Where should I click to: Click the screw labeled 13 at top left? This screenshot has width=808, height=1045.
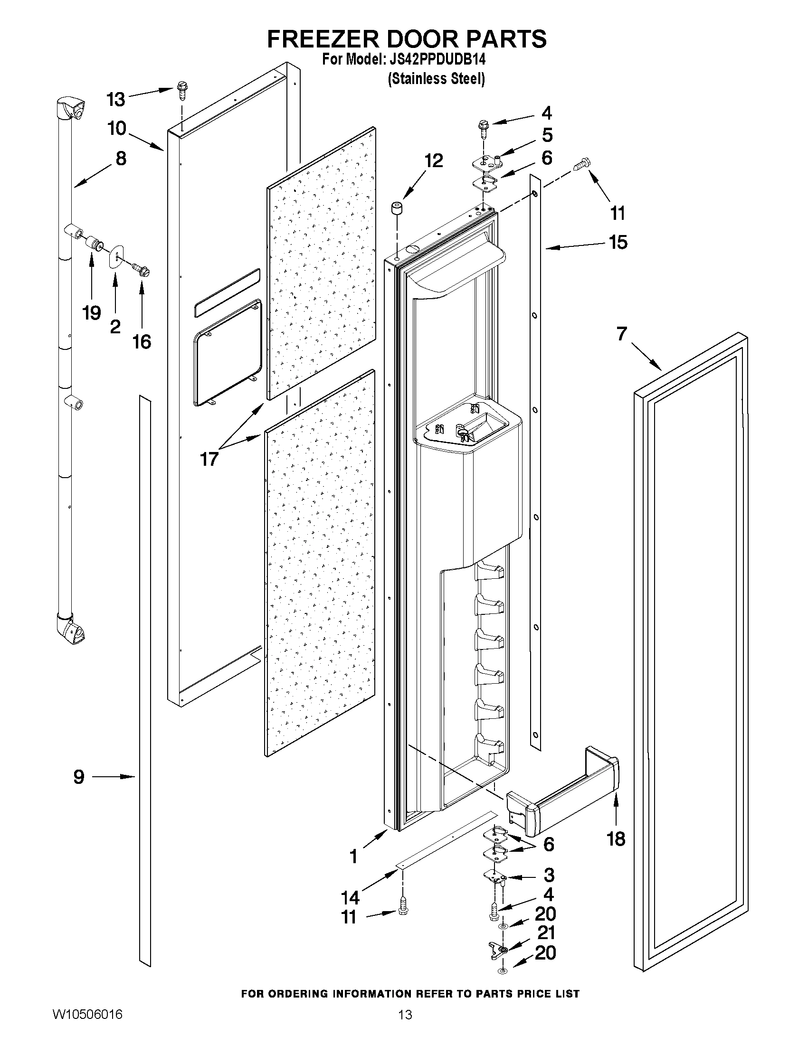click(182, 90)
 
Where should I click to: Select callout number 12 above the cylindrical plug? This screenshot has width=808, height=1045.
click(433, 161)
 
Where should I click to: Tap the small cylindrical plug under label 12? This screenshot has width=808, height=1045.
click(397, 209)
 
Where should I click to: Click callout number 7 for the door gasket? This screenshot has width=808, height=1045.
click(621, 333)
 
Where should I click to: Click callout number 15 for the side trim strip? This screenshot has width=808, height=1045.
click(618, 242)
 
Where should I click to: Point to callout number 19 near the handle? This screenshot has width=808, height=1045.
click(91, 313)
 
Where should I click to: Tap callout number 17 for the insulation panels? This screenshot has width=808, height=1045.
click(209, 459)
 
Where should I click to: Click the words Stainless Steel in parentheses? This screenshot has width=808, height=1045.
click(436, 78)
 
